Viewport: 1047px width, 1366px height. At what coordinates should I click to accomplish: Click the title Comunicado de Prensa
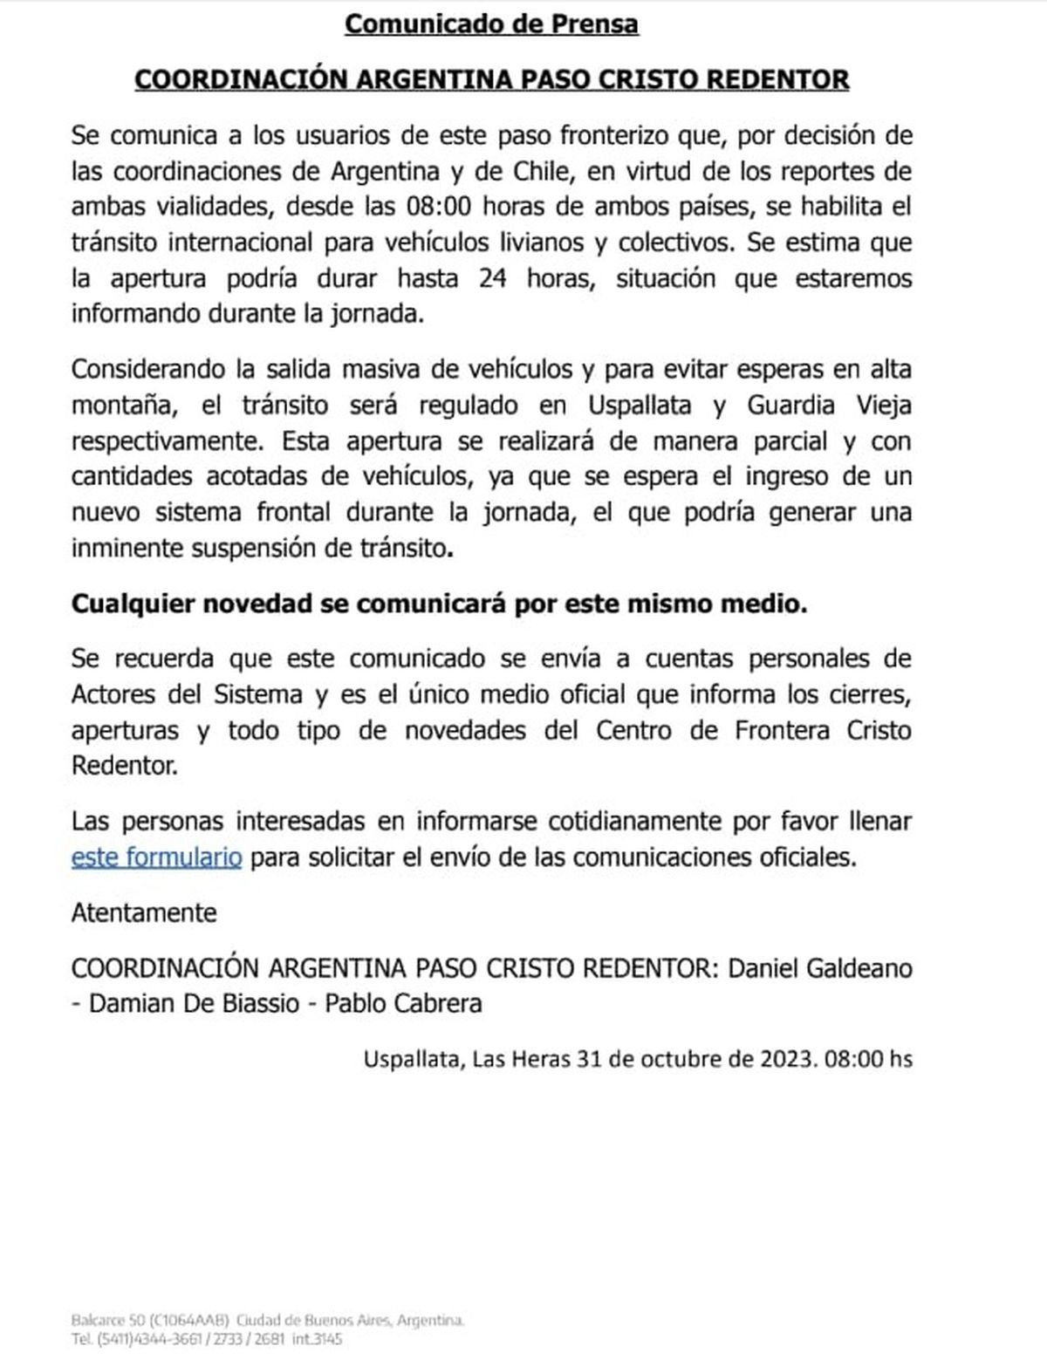tap(491, 24)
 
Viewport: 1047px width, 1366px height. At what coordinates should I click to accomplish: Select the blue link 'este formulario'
tap(156, 857)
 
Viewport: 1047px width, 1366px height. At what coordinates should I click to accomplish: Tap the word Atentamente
tap(144, 912)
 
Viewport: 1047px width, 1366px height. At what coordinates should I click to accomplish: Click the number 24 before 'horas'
tap(494, 278)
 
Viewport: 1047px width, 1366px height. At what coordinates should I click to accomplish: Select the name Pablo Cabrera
tap(403, 1003)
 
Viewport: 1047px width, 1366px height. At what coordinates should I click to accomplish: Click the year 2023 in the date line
tap(786, 1059)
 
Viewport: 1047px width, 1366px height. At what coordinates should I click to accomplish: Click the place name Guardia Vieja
tap(829, 406)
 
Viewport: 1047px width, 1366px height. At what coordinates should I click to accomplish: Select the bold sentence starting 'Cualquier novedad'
tap(439, 604)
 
